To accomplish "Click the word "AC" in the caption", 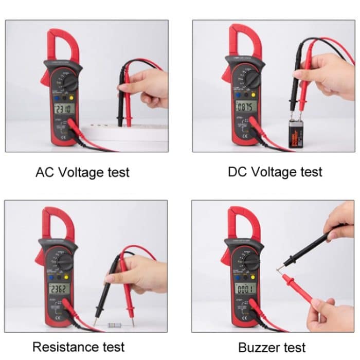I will [x=45, y=172].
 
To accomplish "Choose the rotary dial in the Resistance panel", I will [x=65, y=261].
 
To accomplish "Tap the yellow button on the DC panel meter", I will [x=254, y=95].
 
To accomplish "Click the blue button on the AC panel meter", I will [x=57, y=97].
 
